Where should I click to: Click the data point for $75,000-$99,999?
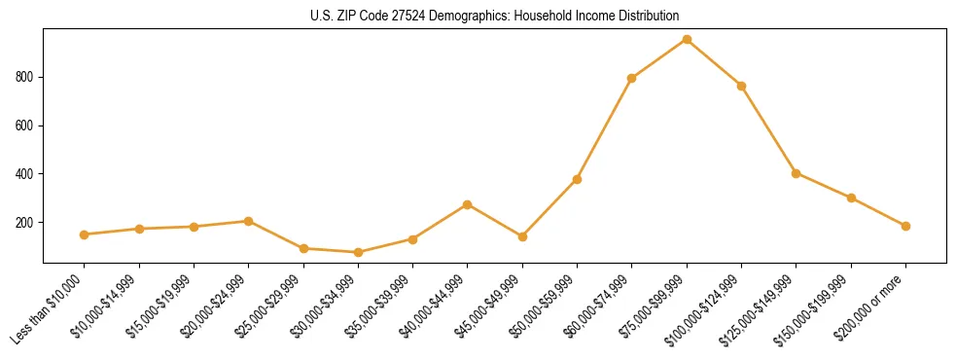click(687, 39)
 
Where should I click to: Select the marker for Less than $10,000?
click(85, 234)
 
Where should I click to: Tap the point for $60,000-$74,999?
click(632, 78)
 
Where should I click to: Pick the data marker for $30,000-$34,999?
click(358, 252)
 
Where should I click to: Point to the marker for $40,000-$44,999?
click(468, 204)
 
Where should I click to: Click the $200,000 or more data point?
click(905, 226)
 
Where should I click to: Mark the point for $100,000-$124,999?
click(741, 86)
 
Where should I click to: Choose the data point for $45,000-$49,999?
click(522, 236)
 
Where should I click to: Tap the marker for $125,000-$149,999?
click(797, 173)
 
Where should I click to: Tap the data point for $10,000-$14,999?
click(139, 229)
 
